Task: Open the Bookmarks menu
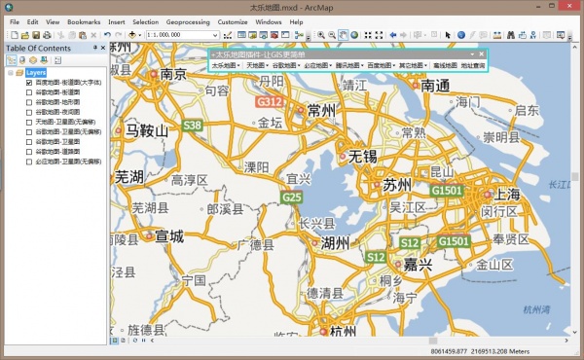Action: (x=84, y=20)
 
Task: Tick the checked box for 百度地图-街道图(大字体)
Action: (x=29, y=84)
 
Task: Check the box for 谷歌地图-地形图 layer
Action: (x=29, y=102)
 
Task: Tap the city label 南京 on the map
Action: (x=173, y=74)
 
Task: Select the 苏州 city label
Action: (x=397, y=185)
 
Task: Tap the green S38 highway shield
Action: (x=193, y=126)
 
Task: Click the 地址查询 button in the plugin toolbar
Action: (x=477, y=65)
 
